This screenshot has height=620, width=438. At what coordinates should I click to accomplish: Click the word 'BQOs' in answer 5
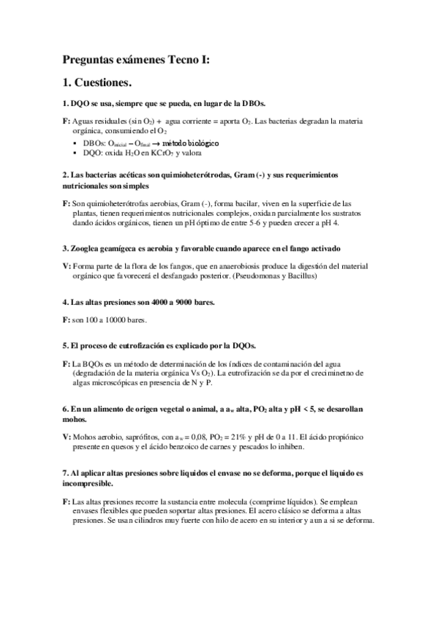coord(91,363)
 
